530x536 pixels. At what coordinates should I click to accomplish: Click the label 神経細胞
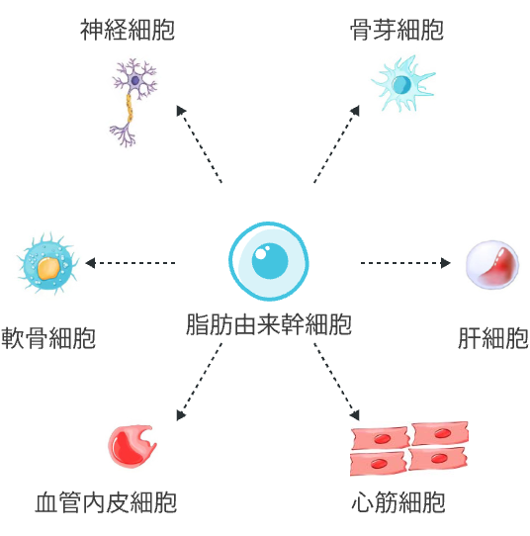pos(128,30)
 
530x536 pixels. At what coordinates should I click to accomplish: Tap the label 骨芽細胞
pos(397,30)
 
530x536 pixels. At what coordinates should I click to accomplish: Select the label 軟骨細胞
pos(48,338)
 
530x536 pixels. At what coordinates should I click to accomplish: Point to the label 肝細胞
pos(493,338)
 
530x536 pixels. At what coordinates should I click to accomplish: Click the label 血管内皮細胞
pos(106,502)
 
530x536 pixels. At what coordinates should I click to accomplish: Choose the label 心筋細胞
pos(398,502)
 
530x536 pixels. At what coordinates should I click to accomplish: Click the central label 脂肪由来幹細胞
pos(269,323)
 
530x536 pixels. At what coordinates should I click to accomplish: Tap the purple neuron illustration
pos(133,103)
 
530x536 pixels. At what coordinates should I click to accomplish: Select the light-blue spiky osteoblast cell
pos(403,84)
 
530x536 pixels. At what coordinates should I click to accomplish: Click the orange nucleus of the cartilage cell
pos(48,268)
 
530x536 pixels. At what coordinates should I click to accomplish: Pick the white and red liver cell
pos(492,265)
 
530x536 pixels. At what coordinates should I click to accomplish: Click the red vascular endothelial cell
pos(132,446)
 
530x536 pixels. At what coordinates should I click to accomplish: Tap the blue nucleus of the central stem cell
pos(270,261)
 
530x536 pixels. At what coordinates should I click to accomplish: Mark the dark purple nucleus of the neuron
pos(135,80)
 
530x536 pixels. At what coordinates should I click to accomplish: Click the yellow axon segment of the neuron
pos(130,108)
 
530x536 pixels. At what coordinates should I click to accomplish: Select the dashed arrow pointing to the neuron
pos(199,144)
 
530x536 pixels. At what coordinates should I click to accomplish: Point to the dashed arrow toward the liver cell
pos(405,263)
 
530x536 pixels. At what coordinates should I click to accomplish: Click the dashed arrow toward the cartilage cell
pos(131,263)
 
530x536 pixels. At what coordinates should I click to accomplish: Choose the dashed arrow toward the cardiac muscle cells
pos(336,382)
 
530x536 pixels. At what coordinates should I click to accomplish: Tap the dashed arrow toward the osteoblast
pos(336,144)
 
